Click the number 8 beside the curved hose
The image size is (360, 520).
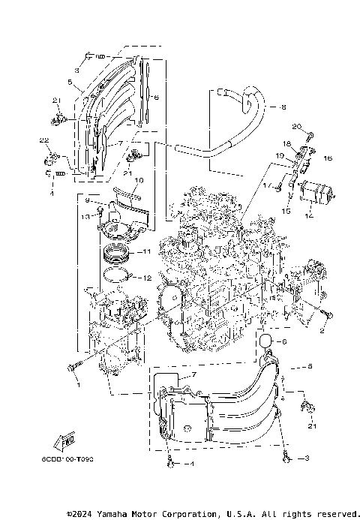click(283, 107)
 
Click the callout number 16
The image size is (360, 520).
click(328, 159)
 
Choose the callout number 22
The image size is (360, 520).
click(44, 141)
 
